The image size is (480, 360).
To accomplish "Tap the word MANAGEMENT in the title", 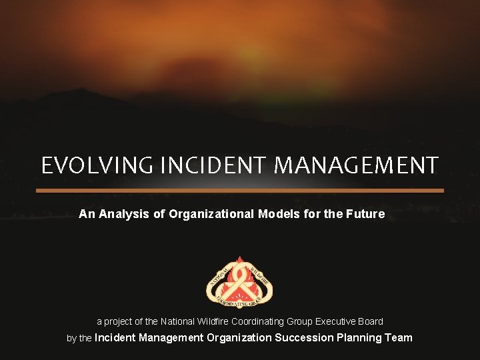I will point(357,165).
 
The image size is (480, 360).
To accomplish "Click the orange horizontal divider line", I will point(240,190).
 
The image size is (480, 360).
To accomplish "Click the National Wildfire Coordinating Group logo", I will point(239,283).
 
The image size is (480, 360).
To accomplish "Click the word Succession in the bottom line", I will point(304,337).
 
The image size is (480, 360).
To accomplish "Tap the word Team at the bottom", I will point(399,337).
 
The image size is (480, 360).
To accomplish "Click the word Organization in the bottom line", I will point(239,337).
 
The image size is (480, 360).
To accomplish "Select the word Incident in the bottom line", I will point(114,337).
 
